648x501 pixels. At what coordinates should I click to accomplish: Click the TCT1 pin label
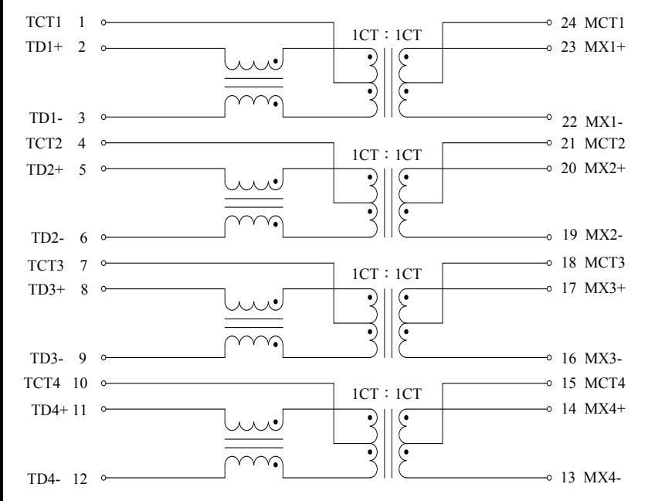(44, 22)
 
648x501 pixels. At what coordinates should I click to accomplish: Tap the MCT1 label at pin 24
(604, 22)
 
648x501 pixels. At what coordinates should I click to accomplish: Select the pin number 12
(80, 479)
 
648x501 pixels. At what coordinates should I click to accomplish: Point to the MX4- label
(602, 478)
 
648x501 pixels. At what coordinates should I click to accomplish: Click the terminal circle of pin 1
(103, 22)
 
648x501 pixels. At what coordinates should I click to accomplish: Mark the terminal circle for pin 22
(549, 117)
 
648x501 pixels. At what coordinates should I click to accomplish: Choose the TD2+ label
(45, 169)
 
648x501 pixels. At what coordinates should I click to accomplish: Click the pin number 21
(568, 144)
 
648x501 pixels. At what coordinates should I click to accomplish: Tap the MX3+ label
(605, 288)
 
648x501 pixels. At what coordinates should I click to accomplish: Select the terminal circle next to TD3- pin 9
(103, 357)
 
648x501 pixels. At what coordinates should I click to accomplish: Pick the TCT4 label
(42, 383)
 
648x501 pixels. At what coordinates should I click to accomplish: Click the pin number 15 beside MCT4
(568, 383)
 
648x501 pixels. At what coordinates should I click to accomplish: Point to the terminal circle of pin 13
(549, 478)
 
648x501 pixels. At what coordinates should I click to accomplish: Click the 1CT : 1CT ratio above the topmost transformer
(387, 36)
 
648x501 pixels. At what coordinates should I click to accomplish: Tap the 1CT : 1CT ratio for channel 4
(387, 394)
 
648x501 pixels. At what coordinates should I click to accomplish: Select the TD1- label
(46, 118)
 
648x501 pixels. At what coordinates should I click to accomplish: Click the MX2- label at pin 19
(604, 235)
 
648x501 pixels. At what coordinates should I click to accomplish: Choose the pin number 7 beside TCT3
(83, 266)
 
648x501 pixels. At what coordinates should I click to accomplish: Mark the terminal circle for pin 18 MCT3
(549, 263)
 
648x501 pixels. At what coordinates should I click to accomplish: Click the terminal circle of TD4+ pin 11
(103, 409)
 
